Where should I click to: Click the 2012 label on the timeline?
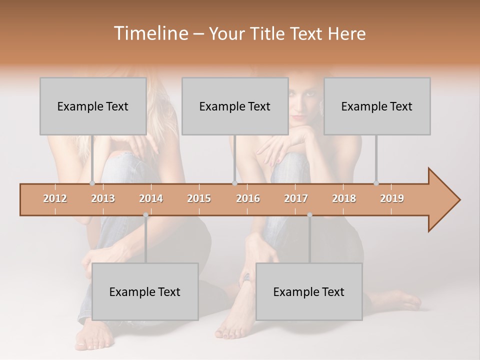55,198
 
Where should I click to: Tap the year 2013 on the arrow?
103,198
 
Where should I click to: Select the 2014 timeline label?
151,198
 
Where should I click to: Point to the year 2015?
199,198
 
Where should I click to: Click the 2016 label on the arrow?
248,198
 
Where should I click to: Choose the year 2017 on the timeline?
296,198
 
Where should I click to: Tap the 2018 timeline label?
344,198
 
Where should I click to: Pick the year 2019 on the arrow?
392,198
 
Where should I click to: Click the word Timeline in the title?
150,33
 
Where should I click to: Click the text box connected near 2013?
93,106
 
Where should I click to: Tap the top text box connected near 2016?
235,106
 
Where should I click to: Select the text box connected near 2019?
377,106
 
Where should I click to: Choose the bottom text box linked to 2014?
145,291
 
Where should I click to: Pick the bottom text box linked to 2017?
309,291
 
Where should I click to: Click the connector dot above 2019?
376,183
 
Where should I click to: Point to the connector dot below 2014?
145,215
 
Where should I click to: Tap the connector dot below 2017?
309,215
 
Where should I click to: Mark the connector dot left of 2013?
92,183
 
